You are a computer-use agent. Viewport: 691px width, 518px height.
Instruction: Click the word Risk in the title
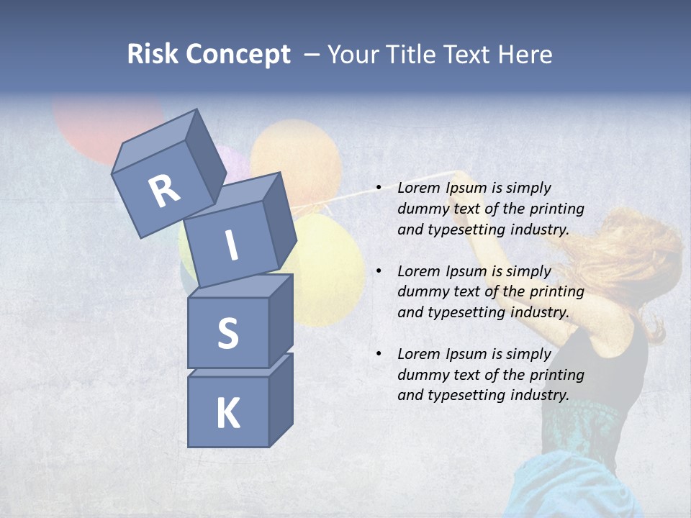[153, 55]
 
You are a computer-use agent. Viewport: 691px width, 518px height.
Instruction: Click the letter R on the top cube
[164, 191]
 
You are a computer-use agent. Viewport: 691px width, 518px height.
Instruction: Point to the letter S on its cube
[227, 333]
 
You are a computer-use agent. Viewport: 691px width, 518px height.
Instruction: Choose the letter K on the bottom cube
[228, 414]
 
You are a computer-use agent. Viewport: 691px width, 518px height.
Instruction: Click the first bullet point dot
[379, 188]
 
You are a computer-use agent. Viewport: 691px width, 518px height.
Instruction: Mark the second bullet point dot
[379, 271]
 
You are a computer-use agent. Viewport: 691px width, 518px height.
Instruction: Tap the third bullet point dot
[379, 354]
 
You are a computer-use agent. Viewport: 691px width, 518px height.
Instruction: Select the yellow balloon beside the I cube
[328, 266]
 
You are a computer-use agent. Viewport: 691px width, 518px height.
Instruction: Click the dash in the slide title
[312, 55]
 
